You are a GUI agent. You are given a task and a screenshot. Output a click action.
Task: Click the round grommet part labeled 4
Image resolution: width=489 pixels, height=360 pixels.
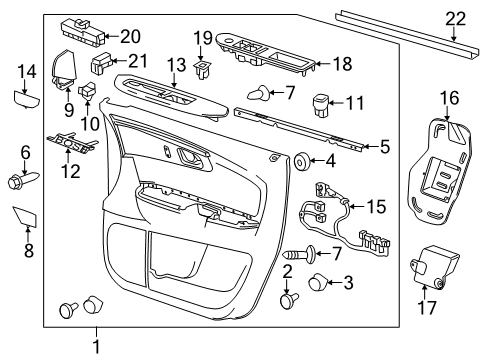(299, 159)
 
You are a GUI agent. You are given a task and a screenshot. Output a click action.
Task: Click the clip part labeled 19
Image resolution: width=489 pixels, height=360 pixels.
(203, 69)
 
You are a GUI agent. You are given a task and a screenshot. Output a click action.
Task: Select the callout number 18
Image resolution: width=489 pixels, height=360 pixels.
(341, 65)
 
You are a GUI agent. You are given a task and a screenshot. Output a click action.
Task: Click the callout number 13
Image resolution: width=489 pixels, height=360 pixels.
(176, 66)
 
